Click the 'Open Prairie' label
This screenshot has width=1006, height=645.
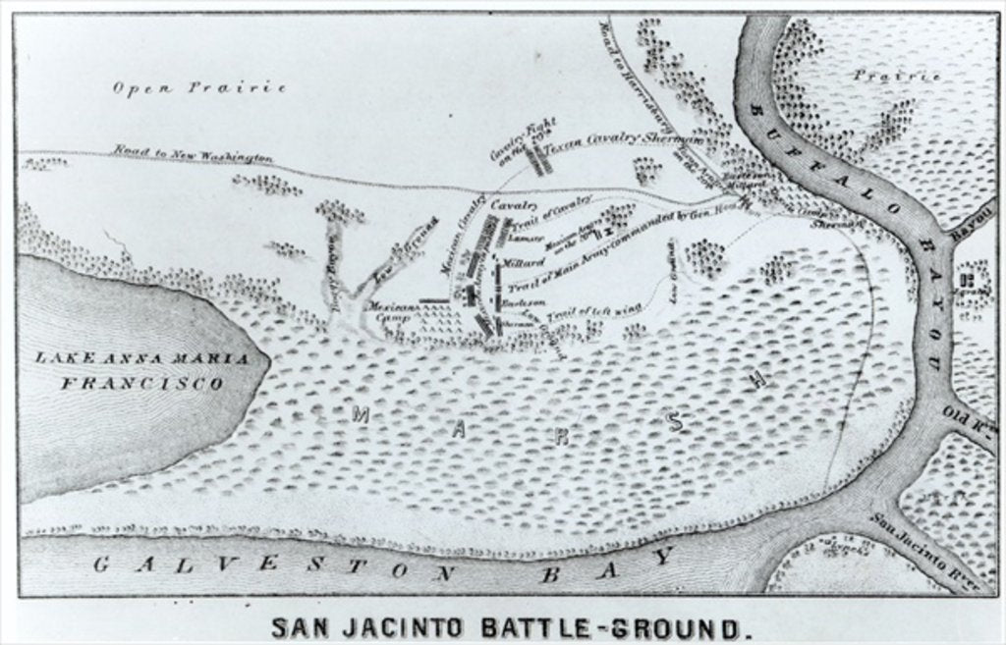coord(199,87)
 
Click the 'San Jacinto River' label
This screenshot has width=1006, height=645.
coord(922,544)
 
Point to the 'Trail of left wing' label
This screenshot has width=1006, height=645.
coord(580,312)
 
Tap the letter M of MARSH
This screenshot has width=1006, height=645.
coord(361,414)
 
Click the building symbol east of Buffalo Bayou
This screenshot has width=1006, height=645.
coord(967,282)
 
